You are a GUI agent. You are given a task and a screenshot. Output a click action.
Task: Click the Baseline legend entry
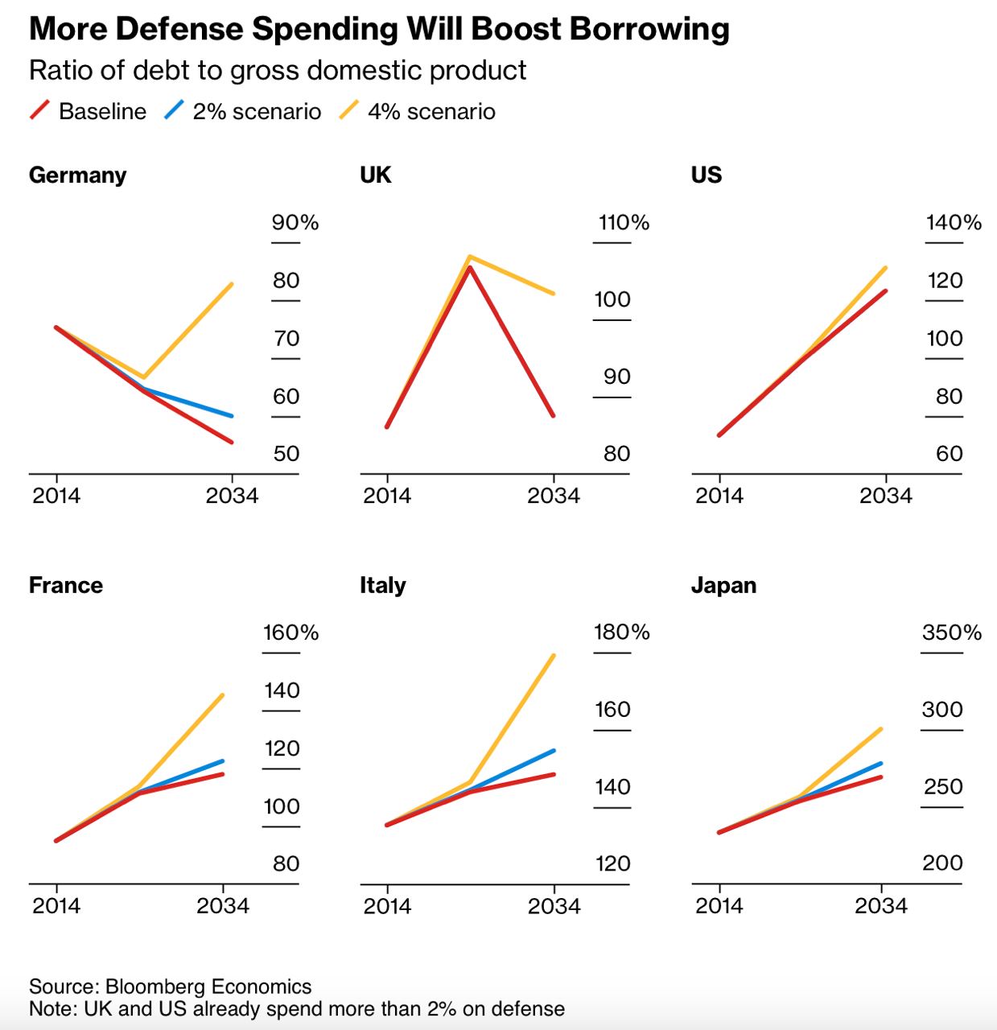pos(88,111)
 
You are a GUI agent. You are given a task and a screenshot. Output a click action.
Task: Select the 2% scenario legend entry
pos(242,111)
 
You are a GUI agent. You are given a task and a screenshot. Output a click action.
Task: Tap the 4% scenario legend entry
pos(417,111)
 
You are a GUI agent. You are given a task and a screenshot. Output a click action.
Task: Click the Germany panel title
pos(78,175)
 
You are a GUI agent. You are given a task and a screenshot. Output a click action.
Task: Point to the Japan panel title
pos(723,585)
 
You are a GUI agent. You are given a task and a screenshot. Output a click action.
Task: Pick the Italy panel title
pos(382,585)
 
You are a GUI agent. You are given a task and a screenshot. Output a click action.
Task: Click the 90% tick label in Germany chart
pos(295,222)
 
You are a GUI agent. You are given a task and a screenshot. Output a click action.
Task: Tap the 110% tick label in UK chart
pos(624,222)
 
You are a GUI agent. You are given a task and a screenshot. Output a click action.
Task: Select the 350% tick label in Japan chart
pos(951,632)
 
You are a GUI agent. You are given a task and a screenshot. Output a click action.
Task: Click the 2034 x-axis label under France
pos(223,905)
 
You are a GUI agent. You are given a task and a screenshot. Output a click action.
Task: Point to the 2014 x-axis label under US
pos(719,496)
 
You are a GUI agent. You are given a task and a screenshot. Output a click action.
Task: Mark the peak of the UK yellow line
pos(470,257)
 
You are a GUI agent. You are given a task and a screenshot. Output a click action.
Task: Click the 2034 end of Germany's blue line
pos(232,416)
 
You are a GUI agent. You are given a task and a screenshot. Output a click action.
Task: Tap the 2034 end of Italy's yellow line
pos(554,656)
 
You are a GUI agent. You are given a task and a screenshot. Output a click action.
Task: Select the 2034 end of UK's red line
pos(554,416)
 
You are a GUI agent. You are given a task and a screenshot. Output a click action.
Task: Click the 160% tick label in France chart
pos(291,632)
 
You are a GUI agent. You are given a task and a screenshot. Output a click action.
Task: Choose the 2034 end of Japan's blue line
pos(881,763)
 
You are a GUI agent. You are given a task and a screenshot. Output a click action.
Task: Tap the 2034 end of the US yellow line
pos(886,268)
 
